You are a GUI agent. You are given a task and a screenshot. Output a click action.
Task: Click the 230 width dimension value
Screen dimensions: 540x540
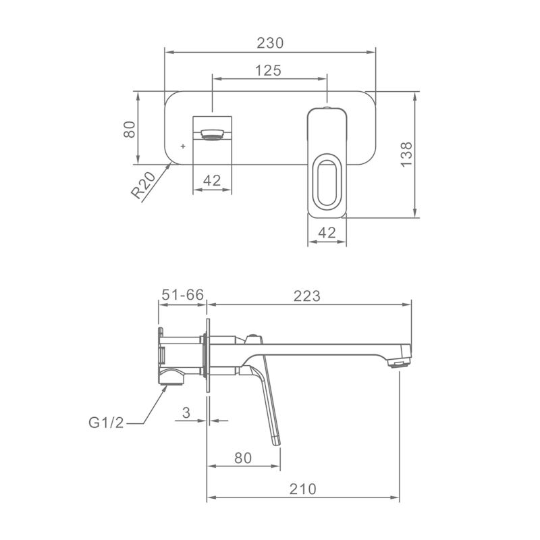click(270, 43)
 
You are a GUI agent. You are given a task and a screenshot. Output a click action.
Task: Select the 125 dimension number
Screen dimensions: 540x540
click(268, 71)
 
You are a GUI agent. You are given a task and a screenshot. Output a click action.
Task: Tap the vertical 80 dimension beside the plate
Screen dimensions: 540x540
click(130, 130)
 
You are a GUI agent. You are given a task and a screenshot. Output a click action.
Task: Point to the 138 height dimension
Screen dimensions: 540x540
click(406, 155)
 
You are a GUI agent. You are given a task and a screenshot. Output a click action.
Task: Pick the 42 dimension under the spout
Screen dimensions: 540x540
click(212, 180)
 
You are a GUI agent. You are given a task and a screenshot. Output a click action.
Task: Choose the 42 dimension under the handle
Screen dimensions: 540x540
click(327, 233)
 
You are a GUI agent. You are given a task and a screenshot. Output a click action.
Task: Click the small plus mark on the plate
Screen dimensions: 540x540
click(183, 146)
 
